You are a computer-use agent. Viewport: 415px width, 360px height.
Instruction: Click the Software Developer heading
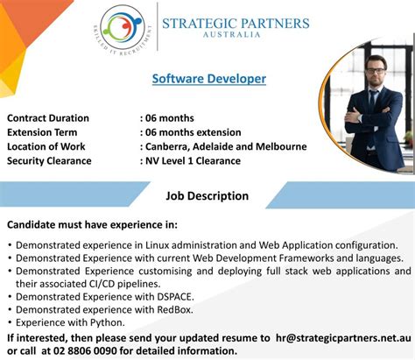(x=208, y=79)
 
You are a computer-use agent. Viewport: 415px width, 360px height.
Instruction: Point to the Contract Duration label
(x=48, y=118)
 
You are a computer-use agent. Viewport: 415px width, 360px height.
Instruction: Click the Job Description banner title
(x=207, y=196)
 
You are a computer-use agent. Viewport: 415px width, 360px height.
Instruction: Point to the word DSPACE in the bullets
(x=175, y=297)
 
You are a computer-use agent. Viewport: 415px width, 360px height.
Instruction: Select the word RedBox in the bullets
(x=174, y=310)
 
